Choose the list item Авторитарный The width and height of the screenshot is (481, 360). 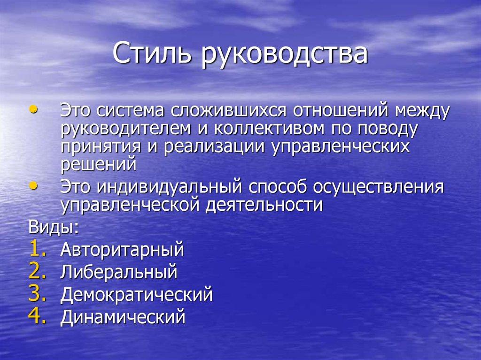click(122, 250)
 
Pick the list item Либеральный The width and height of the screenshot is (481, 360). click(118, 272)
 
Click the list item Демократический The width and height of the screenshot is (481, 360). click(136, 295)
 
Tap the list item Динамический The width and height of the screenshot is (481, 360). click(123, 318)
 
